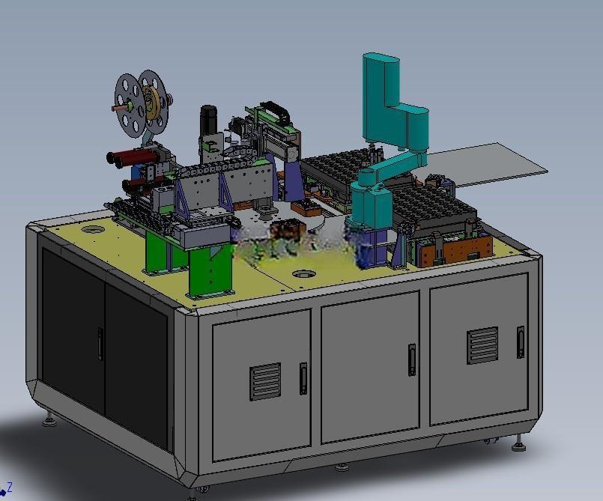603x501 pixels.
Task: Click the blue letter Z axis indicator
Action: (x=10, y=488)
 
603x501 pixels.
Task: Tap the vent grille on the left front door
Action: (x=265, y=381)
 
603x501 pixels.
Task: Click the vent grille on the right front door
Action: (x=482, y=345)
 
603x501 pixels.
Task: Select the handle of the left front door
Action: (x=303, y=378)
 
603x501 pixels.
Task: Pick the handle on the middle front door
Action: (x=412, y=360)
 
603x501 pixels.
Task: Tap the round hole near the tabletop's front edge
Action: (x=304, y=274)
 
